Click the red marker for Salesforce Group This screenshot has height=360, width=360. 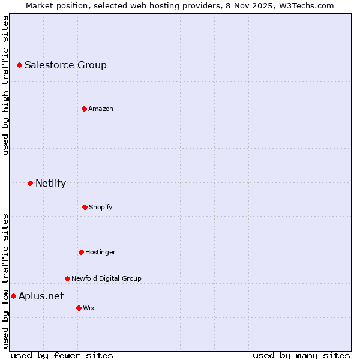[x=19, y=65]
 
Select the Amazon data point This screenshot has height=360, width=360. [x=84, y=109]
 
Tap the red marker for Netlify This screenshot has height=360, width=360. [x=30, y=183]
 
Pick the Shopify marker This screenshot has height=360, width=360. [x=85, y=207]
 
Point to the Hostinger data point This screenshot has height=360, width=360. [x=81, y=252]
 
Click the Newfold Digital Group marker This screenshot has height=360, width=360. [x=67, y=278]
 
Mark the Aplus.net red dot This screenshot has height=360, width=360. [x=13, y=296]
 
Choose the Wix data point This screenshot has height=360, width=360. [x=79, y=308]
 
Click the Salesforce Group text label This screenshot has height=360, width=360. [x=65, y=65]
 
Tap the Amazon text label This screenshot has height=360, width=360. [x=101, y=109]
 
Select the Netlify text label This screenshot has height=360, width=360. [x=50, y=183]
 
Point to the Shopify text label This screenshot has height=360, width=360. [x=101, y=207]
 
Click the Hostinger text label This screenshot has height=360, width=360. [x=100, y=252]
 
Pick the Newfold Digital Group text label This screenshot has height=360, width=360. [x=106, y=278]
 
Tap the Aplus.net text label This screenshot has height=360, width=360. [x=41, y=296]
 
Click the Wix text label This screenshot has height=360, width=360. [x=89, y=308]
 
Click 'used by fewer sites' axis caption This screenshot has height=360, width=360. [x=62, y=355]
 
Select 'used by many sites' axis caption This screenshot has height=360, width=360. [x=301, y=355]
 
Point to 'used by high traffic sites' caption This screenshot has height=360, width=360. [x=5, y=85]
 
